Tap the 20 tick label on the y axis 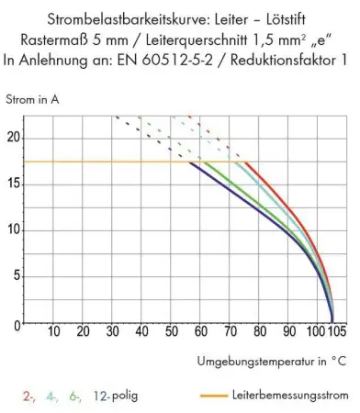tap(14, 138)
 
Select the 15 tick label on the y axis tap(14, 184)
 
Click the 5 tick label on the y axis tap(17, 277)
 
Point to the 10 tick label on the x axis tap(53, 331)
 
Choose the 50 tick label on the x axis tap(172, 331)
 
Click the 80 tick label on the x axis tap(261, 331)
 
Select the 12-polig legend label tap(117, 397)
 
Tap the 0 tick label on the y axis tap(17, 324)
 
